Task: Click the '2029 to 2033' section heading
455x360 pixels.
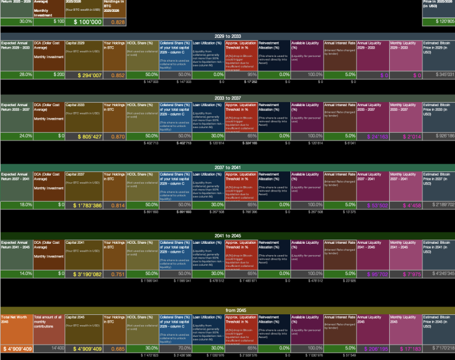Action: point(227,36)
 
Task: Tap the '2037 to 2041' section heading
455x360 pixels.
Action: point(227,168)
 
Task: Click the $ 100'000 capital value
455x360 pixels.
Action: point(84,22)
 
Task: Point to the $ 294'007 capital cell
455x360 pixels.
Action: point(84,75)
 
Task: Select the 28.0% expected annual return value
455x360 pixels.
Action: point(17,75)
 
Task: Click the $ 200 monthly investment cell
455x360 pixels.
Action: point(49,75)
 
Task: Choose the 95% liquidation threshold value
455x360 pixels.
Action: point(241,75)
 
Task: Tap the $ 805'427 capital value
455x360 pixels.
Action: point(84,136)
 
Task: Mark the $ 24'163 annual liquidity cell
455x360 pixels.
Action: point(373,136)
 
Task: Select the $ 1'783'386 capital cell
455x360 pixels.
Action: point(84,205)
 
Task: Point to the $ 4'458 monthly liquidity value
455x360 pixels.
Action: point(405,205)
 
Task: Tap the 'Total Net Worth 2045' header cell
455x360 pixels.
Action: point(17,320)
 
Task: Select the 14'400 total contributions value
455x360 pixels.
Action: point(49,349)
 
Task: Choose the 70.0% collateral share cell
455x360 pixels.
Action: point(175,349)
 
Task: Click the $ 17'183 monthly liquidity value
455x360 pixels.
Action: point(405,349)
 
